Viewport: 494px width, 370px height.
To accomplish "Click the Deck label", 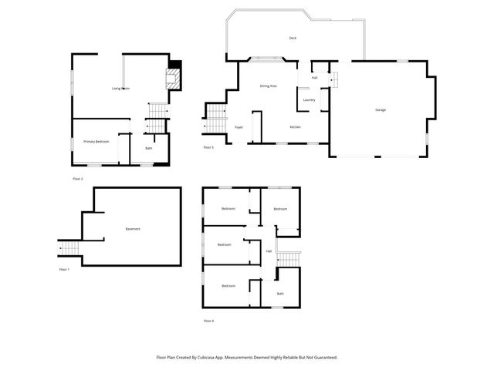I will point(293,38).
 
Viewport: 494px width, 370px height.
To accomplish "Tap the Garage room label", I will point(381,110).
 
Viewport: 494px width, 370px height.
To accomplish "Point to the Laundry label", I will point(309,99).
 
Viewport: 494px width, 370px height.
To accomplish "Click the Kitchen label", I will point(295,126).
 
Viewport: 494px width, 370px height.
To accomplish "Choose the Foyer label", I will point(239,126).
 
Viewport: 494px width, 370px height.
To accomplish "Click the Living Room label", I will point(120,89).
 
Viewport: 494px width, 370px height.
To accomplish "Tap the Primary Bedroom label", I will point(96,142).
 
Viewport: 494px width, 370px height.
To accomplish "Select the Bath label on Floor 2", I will point(149,148).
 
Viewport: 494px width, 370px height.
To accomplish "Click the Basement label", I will point(132,229).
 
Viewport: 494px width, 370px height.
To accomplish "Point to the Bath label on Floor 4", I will point(280,293).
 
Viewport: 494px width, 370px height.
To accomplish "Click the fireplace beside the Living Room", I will point(174,77).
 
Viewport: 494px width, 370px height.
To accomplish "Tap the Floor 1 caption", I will point(64,270).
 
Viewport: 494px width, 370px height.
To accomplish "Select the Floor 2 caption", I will point(77,179).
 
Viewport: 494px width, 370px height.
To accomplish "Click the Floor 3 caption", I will point(208,147).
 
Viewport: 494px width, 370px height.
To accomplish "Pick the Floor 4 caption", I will point(208,320).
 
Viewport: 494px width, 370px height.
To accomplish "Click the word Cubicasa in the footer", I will point(217,358).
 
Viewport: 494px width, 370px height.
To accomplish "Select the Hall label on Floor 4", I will point(269,251).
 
